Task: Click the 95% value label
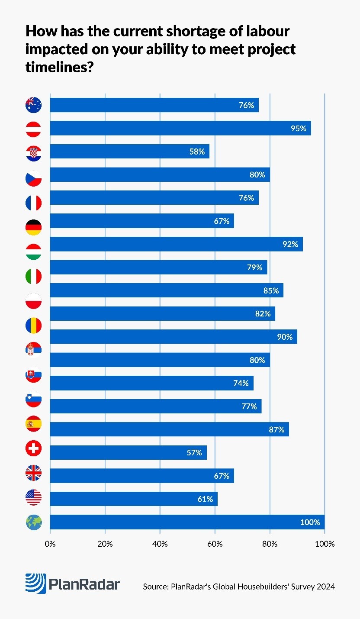pyautogui.click(x=298, y=128)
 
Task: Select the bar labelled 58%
pyautogui.click(x=129, y=152)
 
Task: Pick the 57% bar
pyautogui.click(x=128, y=453)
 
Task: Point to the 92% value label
pyautogui.click(x=290, y=244)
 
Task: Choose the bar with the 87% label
pyautogui.click(x=169, y=429)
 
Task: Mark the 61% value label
pyautogui.click(x=205, y=499)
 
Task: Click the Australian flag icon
pyautogui.click(x=34, y=105)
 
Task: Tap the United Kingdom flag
pyautogui.click(x=34, y=473)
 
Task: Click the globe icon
pyautogui.click(x=34, y=522)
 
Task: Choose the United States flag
pyautogui.click(x=34, y=497)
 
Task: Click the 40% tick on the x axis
pyautogui.click(x=160, y=544)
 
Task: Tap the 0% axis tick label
pyautogui.click(x=50, y=544)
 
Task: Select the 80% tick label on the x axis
pyautogui.click(x=270, y=544)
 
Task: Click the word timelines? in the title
pyautogui.click(x=59, y=68)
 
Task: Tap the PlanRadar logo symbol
pyautogui.click(x=35, y=584)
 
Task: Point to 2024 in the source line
pyautogui.click(x=325, y=587)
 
